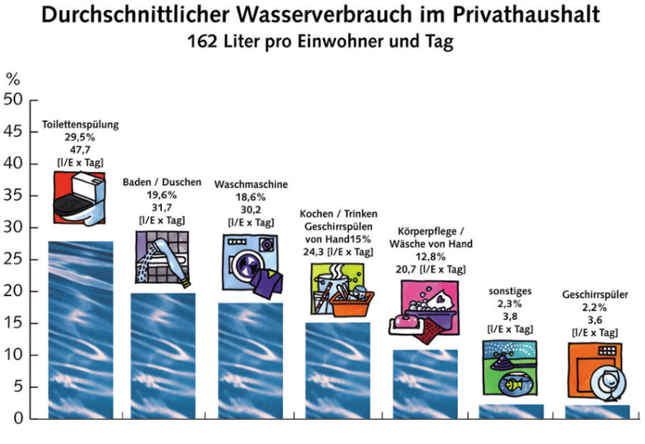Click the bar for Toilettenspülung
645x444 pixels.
click(x=80, y=330)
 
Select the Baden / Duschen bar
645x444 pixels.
click(x=163, y=355)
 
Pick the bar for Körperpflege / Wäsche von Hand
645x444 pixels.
click(x=425, y=384)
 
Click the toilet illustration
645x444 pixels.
click(x=79, y=197)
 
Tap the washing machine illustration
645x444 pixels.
click(x=249, y=263)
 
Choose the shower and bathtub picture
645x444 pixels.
click(x=162, y=255)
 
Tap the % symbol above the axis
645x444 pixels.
click(x=13, y=77)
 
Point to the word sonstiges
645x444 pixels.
click(x=510, y=293)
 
